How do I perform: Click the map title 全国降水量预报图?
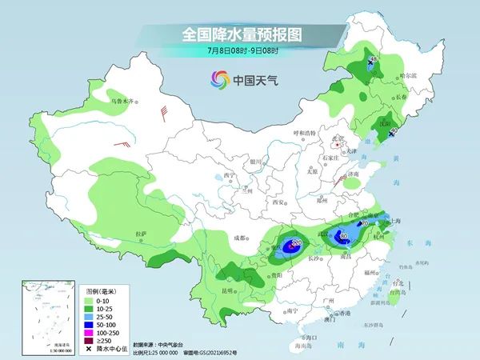pos(239,34)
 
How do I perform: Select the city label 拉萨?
pos(142,234)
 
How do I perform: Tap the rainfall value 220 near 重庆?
pos(296,242)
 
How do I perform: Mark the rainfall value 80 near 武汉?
pos(344,237)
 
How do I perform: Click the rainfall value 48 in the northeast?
pos(373,61)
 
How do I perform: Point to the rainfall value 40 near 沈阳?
pos(394,130)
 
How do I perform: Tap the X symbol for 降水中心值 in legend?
pos(90,348)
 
